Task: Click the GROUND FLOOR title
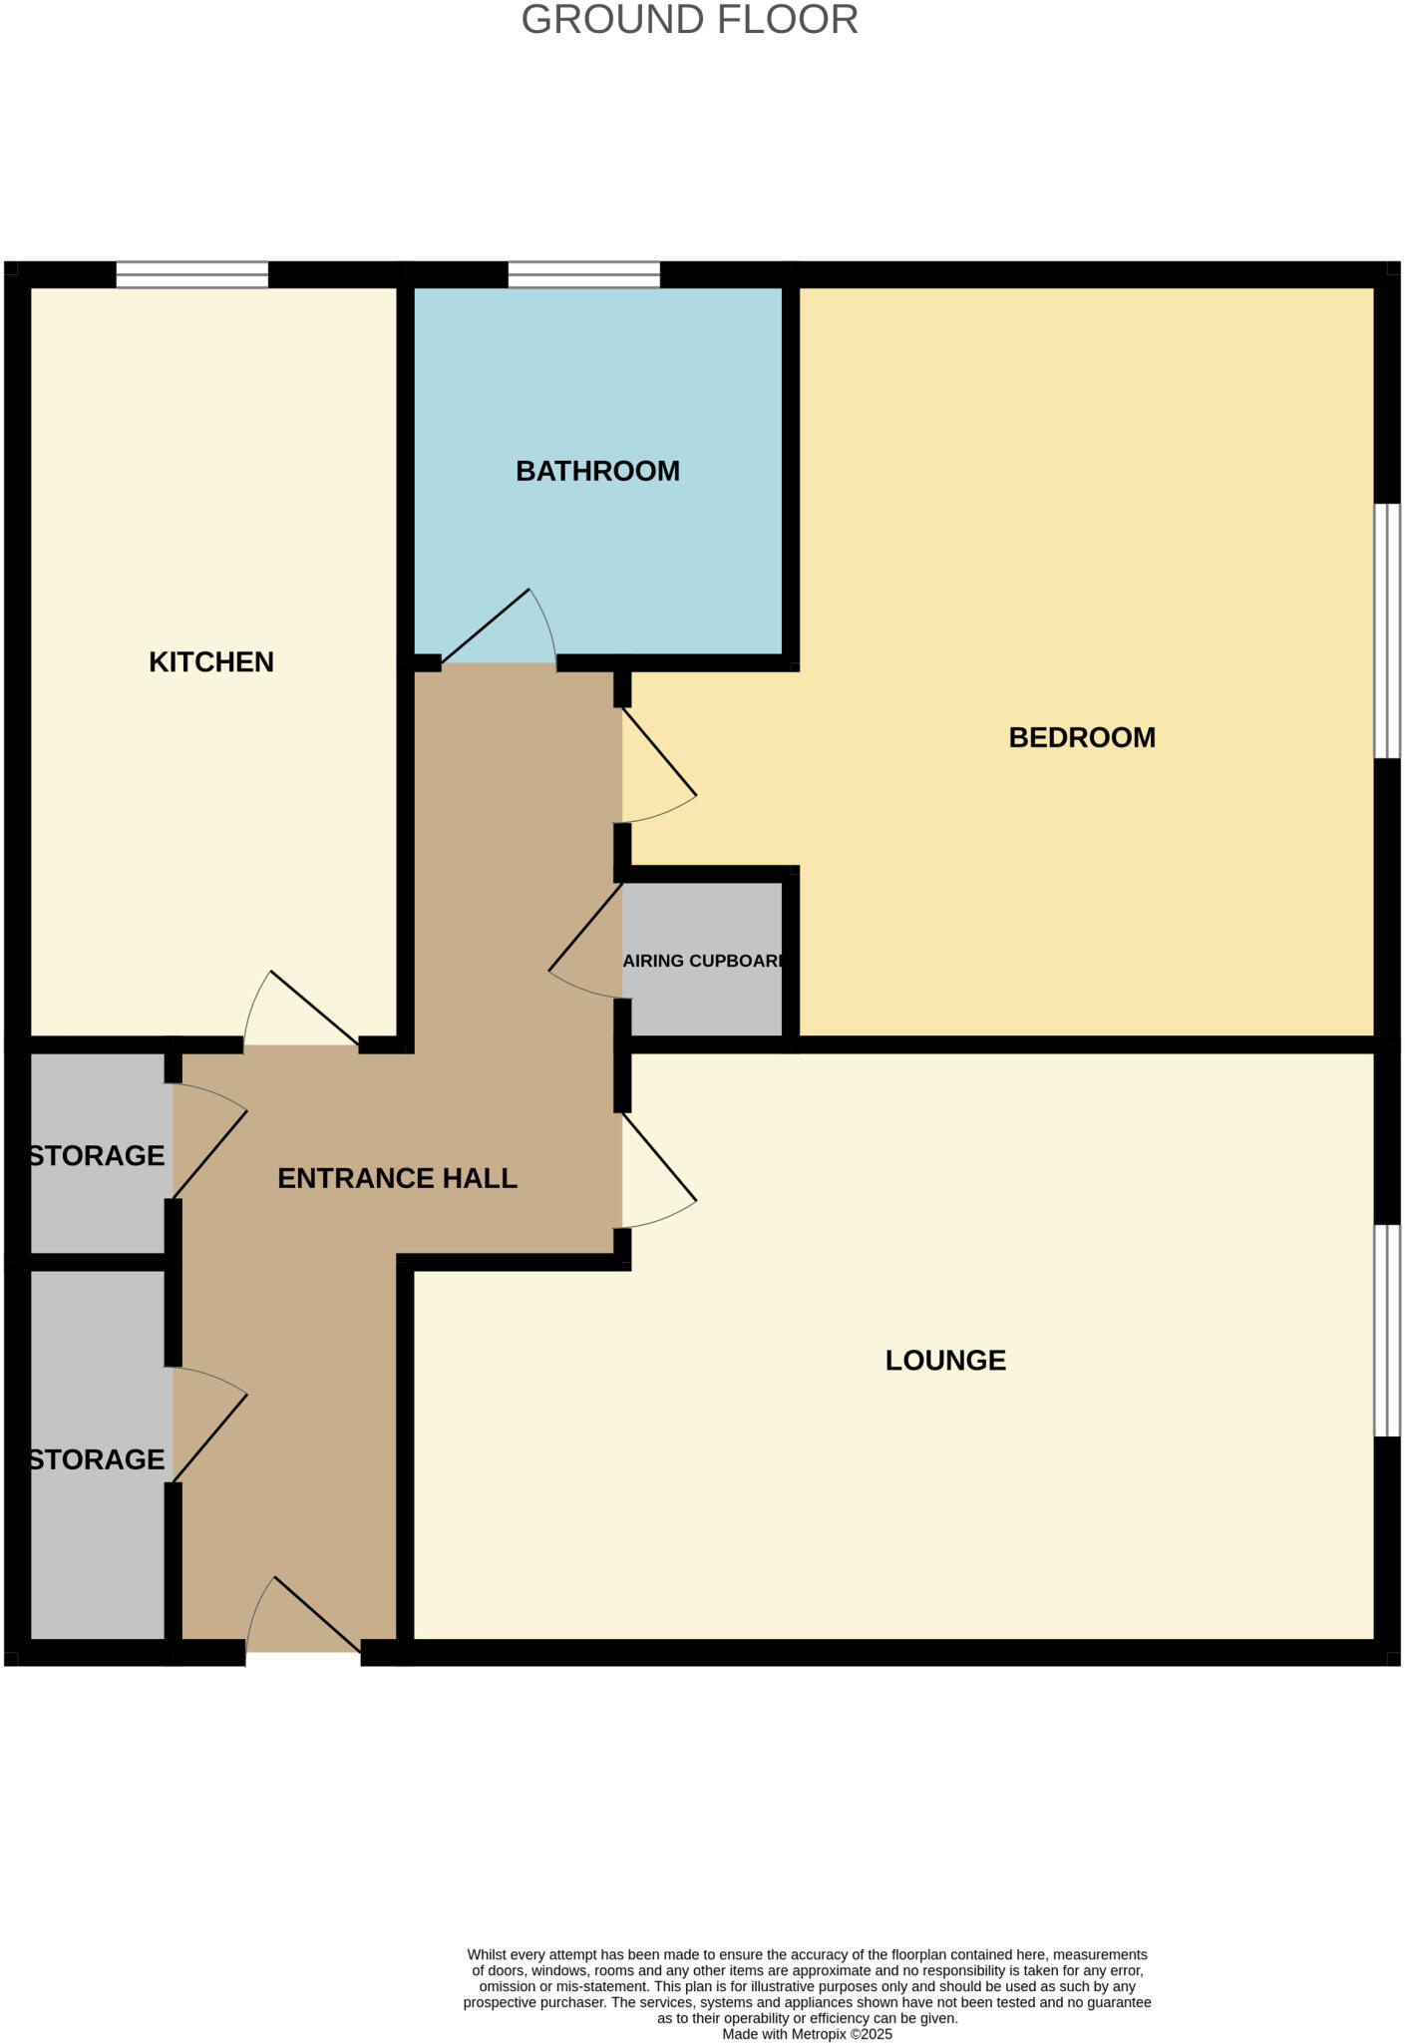coord(689,20)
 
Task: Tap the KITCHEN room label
coord(210,662)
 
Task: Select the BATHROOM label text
coord(597,471)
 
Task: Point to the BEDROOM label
coord(1082,738)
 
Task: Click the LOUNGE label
coord(945,1361)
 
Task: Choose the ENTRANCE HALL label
coord(397,1179)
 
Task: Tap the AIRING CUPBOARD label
coord(704,962)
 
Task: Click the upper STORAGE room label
coord(97,1156)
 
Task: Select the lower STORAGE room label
coord(97,1460)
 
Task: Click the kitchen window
coord(191,274)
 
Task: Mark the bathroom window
coord(583,274)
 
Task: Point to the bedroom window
coord(1387,630)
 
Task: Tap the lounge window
coord(1387,1330)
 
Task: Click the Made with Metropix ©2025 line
coord(807,2034)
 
